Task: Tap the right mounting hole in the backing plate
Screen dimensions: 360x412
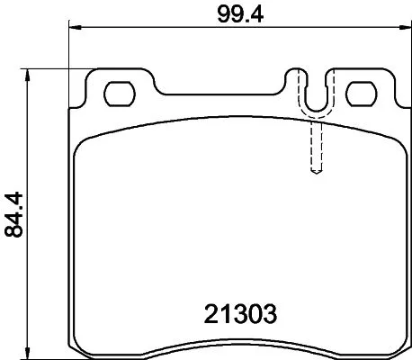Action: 362,93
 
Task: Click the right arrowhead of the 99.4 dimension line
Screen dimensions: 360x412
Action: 398,29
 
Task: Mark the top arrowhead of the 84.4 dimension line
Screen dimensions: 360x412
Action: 33,73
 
